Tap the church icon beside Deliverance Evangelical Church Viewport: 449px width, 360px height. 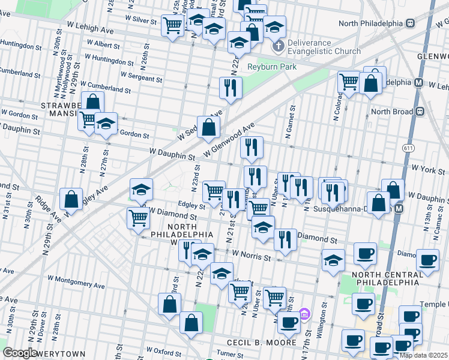(x=277, y=47)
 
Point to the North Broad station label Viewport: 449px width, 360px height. (x=393, y=112)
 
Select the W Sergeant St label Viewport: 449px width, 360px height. (x=141, y=76)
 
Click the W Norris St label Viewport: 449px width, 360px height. (x=252, y=257)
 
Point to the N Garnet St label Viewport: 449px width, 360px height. (x=291, y=122)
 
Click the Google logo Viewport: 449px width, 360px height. (x=20, y=353)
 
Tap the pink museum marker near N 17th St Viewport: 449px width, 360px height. (x=304, y=314)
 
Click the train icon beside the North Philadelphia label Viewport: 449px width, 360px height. (x=411, y=23)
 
